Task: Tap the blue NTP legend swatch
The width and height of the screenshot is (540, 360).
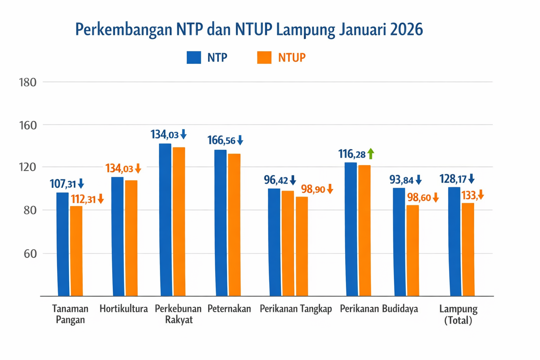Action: click(194, 57)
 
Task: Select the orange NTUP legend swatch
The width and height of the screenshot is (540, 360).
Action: click(264, 57)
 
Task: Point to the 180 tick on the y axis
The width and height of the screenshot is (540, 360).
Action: click(28, 82)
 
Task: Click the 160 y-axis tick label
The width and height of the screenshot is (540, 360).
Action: click(28, 125)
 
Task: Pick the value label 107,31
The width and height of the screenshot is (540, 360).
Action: click(63, 184)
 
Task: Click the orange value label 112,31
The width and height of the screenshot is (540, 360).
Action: click(83, 199)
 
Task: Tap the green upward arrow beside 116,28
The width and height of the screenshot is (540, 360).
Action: click(371, 154)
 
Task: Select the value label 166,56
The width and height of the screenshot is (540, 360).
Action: click(221, 140)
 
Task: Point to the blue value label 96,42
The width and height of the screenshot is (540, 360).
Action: click(276, 180)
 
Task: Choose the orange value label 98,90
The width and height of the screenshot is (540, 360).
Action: click(313, 189)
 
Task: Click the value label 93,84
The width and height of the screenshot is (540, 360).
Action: click(401, 180)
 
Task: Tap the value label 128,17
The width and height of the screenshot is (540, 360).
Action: click(452, 179)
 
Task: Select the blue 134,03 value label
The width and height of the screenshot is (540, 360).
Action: click(165, 134)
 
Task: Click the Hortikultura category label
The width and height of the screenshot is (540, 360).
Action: click(123, 309)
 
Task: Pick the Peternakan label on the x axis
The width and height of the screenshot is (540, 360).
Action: click(229, 309)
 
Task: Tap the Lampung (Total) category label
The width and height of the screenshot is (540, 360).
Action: click(458, 314)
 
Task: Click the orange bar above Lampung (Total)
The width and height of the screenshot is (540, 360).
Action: click(468, 249)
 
